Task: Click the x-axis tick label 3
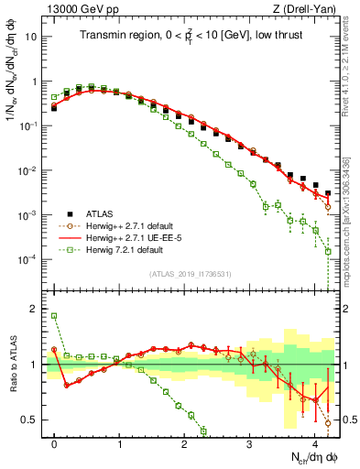click(249, 442)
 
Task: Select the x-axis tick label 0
click(54, 442)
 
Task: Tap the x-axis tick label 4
click(314, 442)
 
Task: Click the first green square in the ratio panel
click(54, 316)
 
